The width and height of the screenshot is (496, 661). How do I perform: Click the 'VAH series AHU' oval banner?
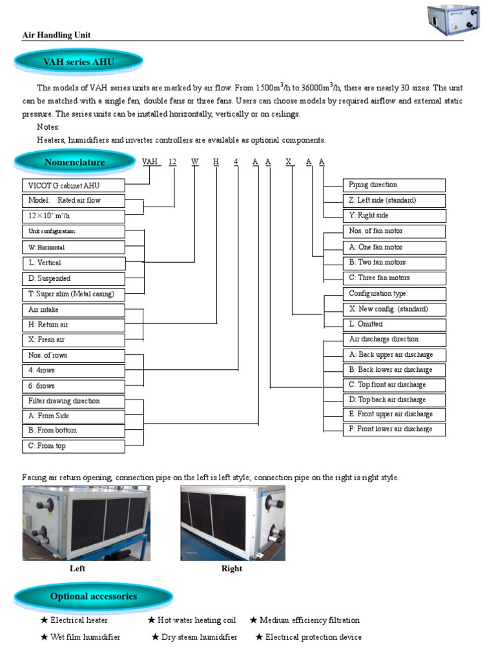point(78,62)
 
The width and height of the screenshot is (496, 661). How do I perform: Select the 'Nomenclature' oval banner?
point(74,162)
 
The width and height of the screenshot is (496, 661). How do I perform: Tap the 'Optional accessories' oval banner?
point(94,596)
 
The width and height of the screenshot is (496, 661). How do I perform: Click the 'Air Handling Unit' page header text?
point(56,35)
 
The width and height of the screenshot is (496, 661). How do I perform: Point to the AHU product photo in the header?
point(456,19)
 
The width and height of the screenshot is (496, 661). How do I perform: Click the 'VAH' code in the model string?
point(152,162)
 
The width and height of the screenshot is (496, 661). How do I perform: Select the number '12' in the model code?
point(172,162)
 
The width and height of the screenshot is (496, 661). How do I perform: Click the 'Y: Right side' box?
point(393,216)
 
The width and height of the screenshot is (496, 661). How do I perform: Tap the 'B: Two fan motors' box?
point(393,263)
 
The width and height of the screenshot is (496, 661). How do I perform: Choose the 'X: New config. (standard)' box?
point(393,309)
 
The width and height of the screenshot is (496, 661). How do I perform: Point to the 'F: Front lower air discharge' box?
point(393,429)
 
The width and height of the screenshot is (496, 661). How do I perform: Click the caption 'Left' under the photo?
point(77,569)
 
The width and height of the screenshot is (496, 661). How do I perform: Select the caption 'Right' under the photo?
point(231,569)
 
